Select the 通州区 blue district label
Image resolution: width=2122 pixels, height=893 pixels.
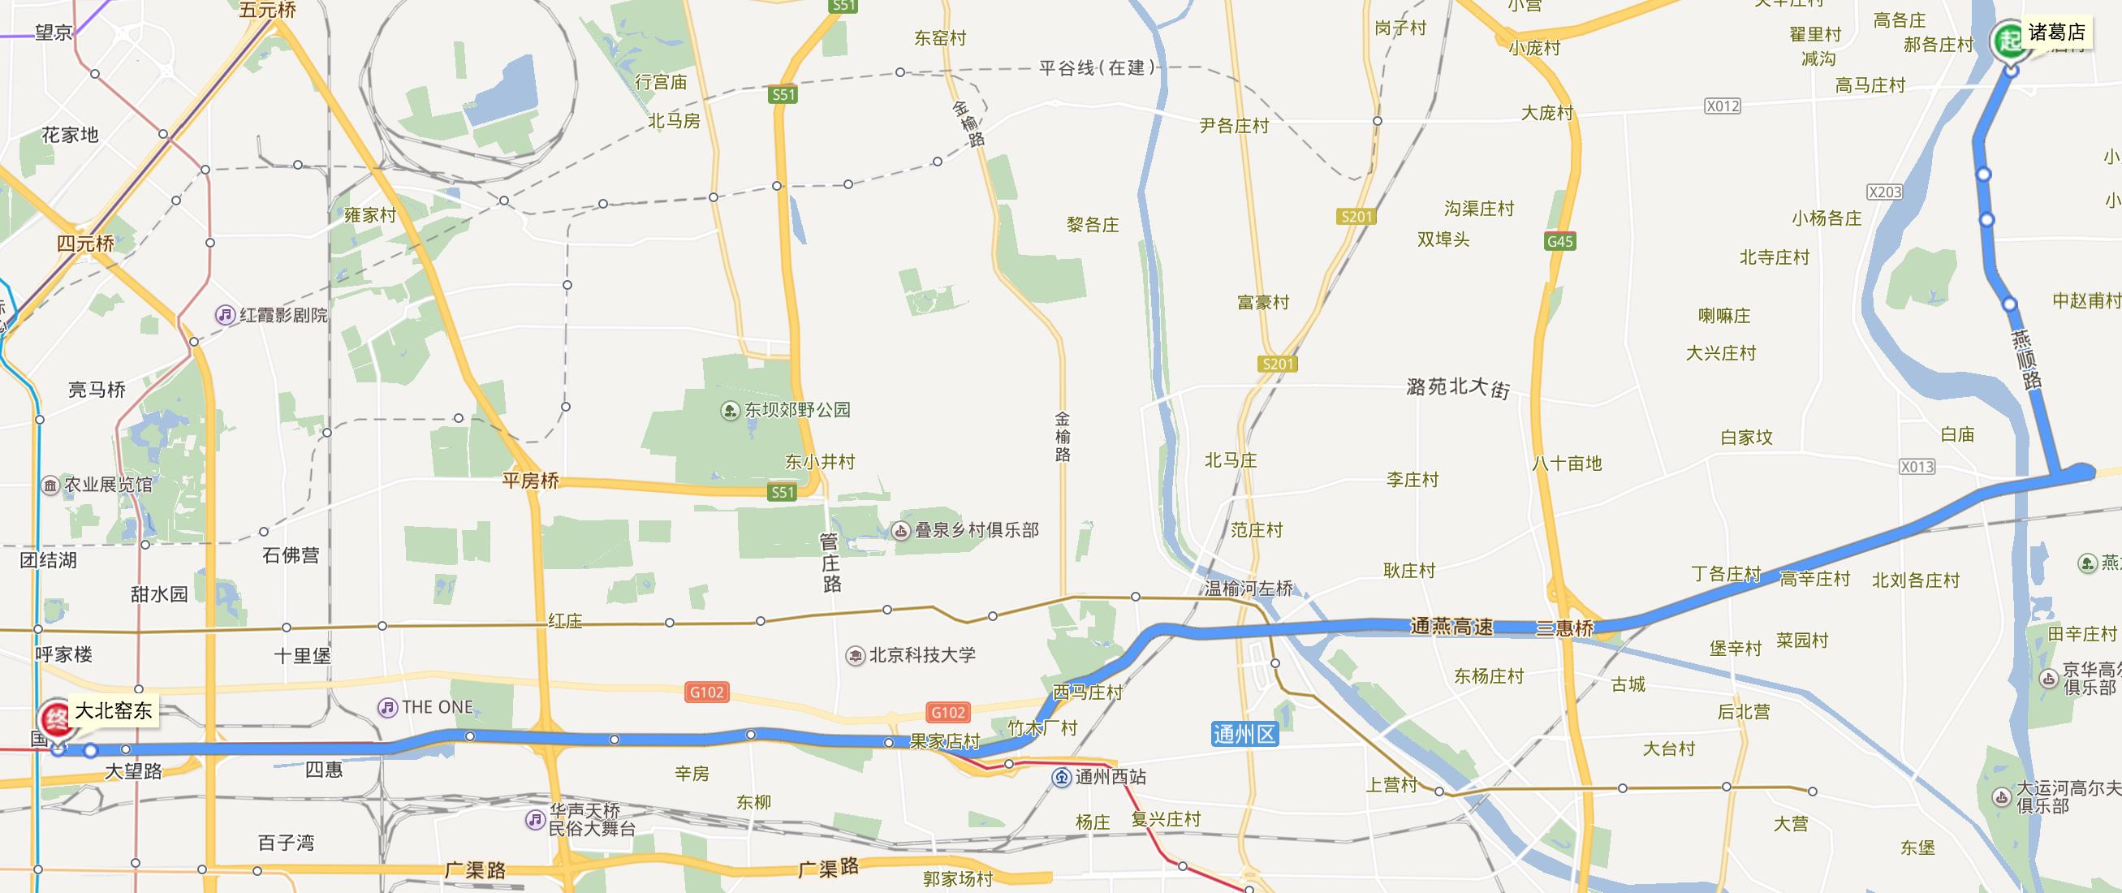[1244, 732]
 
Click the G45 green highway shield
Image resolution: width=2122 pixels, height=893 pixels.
[1560, 241]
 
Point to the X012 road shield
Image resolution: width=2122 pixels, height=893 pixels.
[1723, 106]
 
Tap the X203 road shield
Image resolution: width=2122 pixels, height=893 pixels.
[1885, 192]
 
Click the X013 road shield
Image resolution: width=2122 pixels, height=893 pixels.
[1917, 466]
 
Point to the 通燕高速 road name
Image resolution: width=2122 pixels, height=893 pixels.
[1451, 627]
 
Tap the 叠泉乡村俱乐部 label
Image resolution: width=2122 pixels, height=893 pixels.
[975, 529]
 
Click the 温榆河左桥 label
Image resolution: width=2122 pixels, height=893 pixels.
[1249, 589]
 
